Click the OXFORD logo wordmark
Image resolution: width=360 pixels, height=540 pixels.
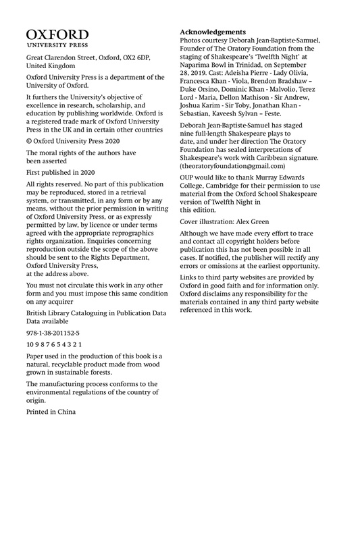tap(57, 34)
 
